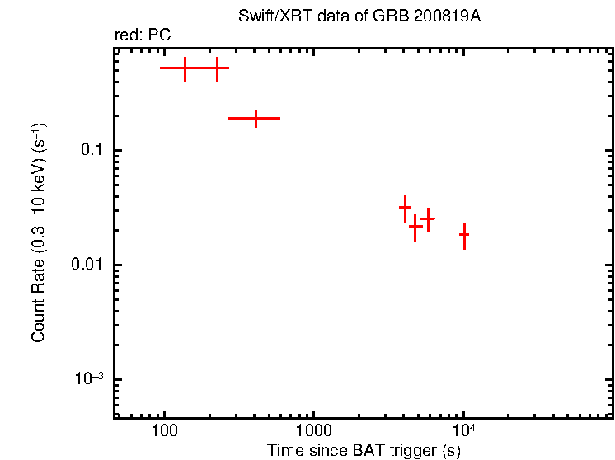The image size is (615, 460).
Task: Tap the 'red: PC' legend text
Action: [143, 36]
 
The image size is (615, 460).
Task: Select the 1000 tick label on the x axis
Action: [313, 431]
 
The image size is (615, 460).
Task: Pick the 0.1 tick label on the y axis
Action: [92, 151]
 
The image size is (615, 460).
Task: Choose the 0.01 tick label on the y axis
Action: [87, 265]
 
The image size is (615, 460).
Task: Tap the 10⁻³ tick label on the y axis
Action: [89, 378]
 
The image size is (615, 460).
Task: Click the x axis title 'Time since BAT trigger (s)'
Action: [364, 450]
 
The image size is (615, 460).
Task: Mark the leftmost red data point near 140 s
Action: [185, 68]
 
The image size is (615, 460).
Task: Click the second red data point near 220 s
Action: [217, 68]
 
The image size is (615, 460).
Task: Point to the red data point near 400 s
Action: [256, 118]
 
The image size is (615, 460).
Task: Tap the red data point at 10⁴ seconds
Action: [464, 235]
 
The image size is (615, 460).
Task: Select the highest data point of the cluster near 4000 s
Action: [405, 208]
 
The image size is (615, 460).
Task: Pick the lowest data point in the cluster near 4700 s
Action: [415, 226]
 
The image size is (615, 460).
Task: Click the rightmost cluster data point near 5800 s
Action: [428, 218]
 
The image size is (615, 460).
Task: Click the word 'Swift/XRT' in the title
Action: [269, 17]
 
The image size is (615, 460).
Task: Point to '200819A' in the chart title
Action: [449, 17]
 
